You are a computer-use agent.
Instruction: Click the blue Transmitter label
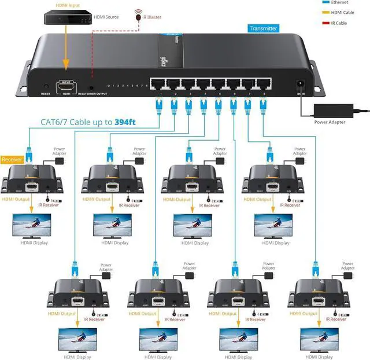(x=264, y=28)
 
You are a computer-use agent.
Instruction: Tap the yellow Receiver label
(x=12, y=159)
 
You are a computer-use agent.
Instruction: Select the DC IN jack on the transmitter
(x=301, y=85)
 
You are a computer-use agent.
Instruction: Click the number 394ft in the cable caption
(x=129, y=122)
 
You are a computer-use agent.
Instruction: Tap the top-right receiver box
(x=269, y=178)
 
